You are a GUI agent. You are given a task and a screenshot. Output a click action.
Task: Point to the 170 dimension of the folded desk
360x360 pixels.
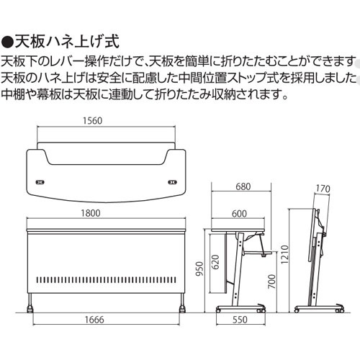pos(322,189)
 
